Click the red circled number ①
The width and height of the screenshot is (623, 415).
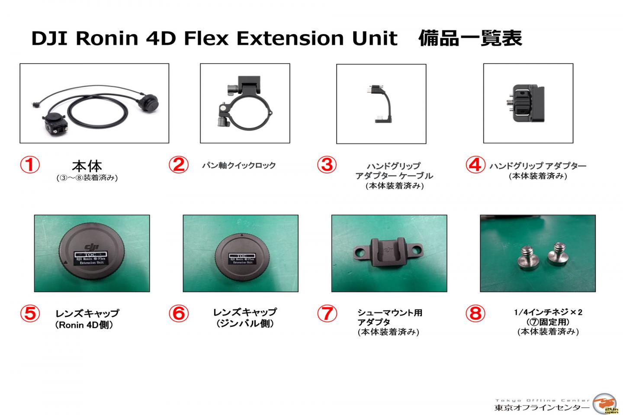(30, 165)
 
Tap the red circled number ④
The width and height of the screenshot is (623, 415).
(475, 165)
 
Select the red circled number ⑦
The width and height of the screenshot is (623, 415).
(327, 313)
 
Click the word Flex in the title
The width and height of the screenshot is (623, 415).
(204, 38)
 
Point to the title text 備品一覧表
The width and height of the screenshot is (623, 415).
(470, 38)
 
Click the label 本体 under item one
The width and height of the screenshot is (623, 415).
(87, 166)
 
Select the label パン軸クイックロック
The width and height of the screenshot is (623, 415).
(239, 166)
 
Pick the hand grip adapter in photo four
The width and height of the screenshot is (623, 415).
(528, 103)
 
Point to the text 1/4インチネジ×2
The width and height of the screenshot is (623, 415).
(548, 312)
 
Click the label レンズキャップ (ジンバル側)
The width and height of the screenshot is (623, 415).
(245, 318)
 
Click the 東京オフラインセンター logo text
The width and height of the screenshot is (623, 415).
(542, 408)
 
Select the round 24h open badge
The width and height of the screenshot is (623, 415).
(606, 405)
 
